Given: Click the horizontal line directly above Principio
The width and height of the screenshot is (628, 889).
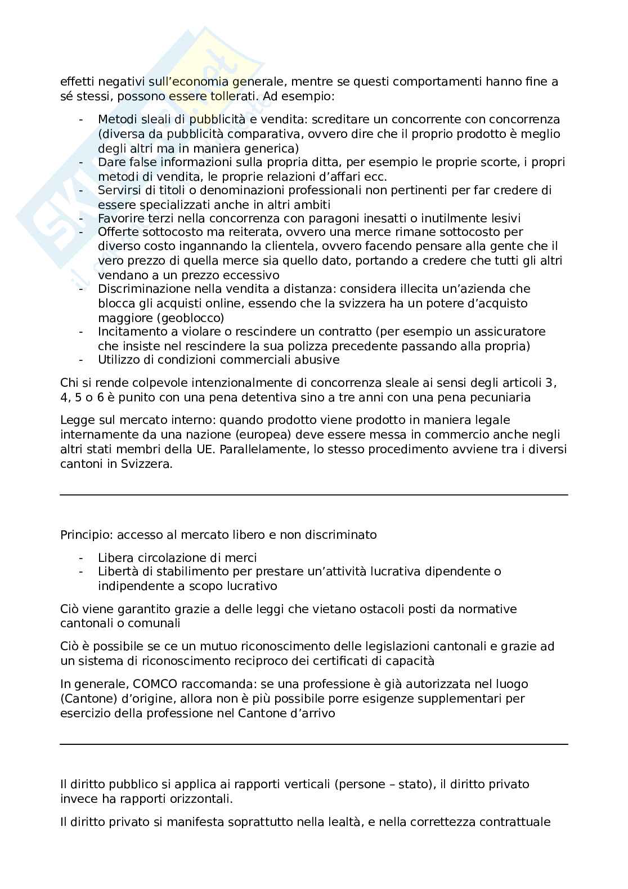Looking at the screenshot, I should pyautogui.click(x=314, y=495).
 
